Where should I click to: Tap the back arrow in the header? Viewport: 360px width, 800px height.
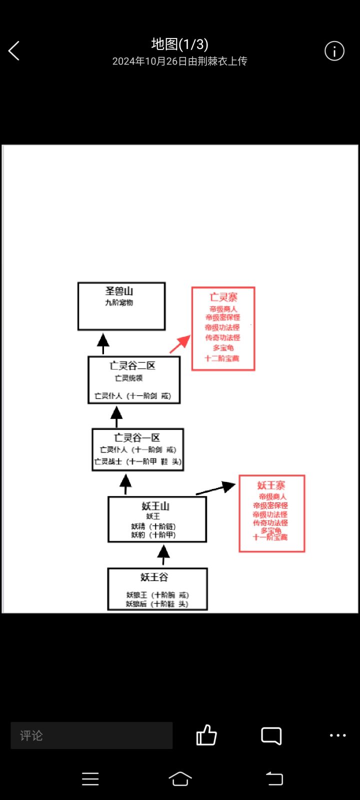[14, 51]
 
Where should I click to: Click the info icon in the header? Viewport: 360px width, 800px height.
[334, 51]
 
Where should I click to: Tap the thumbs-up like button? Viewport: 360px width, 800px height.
[206, 735]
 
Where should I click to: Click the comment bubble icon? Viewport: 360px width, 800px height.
[271, 736]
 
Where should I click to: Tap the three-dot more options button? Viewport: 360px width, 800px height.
[337, 735]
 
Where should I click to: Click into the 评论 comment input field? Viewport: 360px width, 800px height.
[91, 735]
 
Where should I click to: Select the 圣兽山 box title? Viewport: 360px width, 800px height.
[119, 291]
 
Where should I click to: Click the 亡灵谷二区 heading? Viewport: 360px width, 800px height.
[132, 365]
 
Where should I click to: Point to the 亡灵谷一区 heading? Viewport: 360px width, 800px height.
[137, 437]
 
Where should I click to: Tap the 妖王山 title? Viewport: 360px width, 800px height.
[155, 506]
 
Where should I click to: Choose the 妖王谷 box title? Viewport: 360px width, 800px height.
[154, 577]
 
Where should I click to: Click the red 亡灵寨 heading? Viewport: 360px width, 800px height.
[223, 297]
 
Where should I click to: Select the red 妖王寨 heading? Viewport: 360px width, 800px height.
[271, 485]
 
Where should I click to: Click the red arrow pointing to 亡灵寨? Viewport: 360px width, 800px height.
[180, 344]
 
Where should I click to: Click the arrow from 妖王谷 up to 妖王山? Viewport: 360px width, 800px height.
[163, 554]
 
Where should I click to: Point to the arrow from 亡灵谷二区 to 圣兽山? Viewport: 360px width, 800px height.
[103, 343]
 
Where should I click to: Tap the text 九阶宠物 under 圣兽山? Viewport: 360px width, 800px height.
[119, 302]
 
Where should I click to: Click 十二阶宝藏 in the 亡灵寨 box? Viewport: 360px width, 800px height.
[222, 358]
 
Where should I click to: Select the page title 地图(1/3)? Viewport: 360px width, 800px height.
[179, 44]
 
